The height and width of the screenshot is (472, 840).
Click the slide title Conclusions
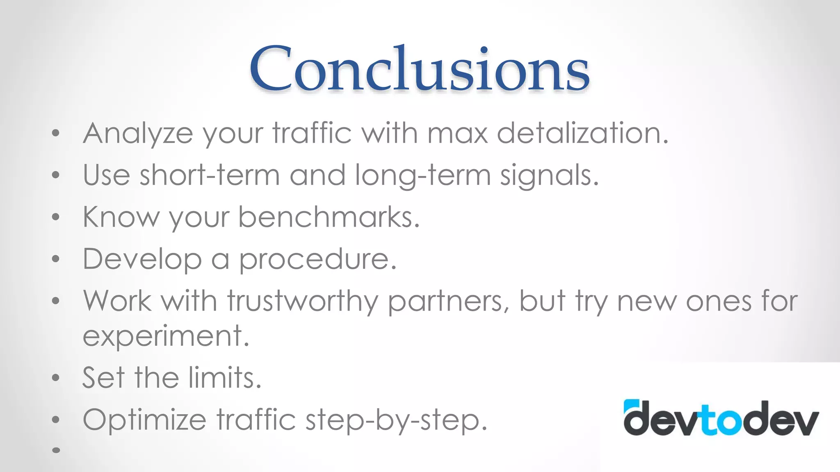click(x=419, y=69)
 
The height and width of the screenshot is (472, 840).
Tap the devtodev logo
click(x=721, y=418)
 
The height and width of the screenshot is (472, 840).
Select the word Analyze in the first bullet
click(x=138, y=134)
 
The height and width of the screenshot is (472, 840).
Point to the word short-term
click(x=210, y=175)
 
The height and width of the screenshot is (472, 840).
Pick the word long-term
click(x=422, y=176)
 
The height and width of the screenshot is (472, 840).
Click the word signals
click(x=549, y=176)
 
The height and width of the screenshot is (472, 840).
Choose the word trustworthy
click(x=303, y=302)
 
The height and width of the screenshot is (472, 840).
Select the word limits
click(x=225, y=377)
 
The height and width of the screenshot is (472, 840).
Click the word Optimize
click(x=144, y=420)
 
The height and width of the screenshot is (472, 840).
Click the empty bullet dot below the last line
click(x=56, y=450)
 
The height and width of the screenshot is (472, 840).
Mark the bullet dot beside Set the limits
click(x=56, y=377)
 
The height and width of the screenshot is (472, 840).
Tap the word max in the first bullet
click(x=457, y=134)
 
